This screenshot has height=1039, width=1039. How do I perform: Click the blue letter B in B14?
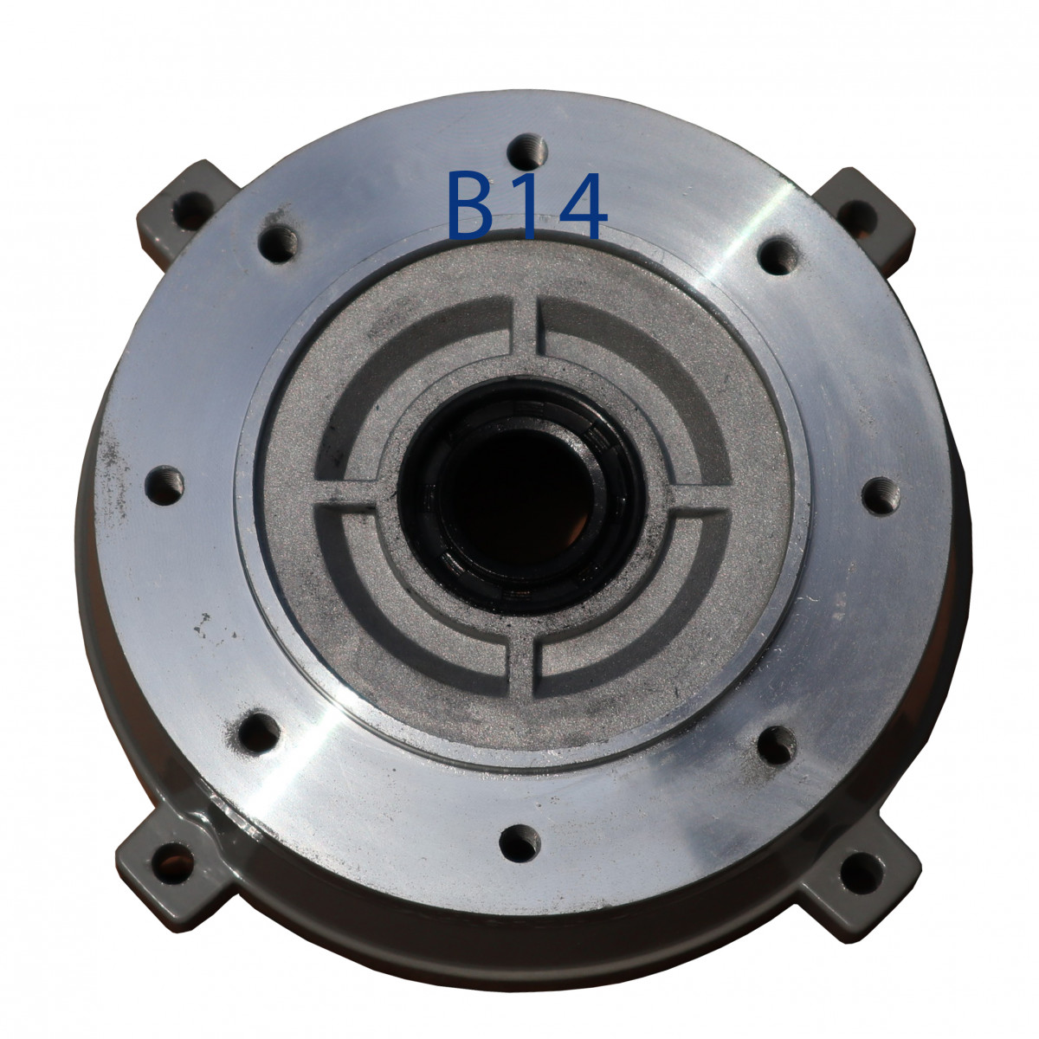469,205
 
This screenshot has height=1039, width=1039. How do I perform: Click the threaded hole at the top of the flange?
527,152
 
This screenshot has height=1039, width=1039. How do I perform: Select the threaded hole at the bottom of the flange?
519,842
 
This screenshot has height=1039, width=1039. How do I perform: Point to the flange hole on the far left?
165,485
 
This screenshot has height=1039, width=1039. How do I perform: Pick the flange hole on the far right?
881,495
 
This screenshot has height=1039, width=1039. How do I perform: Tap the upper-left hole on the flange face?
278,243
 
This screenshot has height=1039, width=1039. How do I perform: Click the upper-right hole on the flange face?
778,256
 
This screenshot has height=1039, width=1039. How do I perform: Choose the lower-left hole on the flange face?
259,732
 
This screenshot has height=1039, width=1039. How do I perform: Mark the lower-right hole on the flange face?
777,745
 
